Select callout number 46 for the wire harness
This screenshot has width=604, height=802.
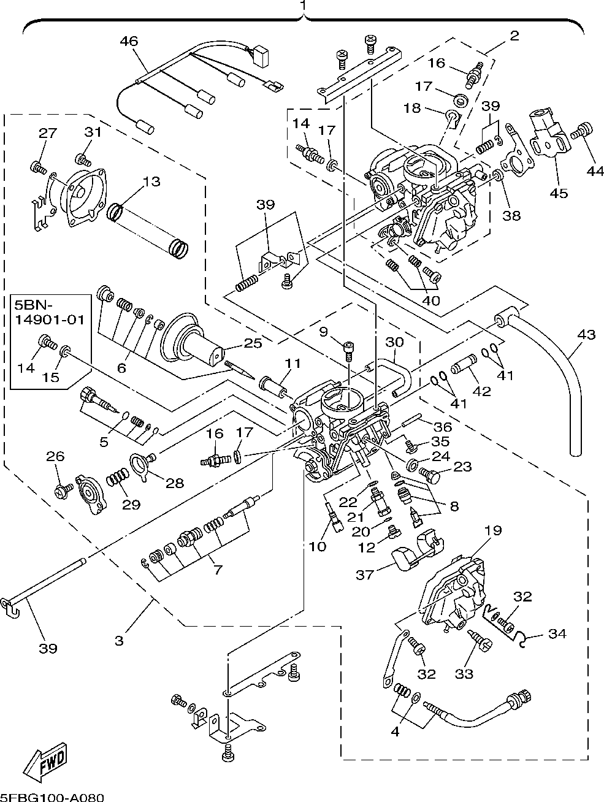click(x=129, y=42)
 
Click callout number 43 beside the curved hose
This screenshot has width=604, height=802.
click(x=586, y=335)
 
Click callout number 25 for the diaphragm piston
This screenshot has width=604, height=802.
click(x=253, y=343)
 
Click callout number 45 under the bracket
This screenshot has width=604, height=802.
click(x=559, y=193)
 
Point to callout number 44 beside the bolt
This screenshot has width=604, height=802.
click(x=595, y=172)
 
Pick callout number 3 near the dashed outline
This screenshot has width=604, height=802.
click(x=119, y=641)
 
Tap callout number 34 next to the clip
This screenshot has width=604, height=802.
click(x=557, y=634)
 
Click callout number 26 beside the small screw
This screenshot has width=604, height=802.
click(x=55, y=456)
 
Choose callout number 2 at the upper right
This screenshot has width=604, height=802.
click(x=514, y=35)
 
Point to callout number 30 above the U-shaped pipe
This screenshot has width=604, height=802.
click(x=396, y=342)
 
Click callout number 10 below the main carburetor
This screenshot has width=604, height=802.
click(x=317, y=546)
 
